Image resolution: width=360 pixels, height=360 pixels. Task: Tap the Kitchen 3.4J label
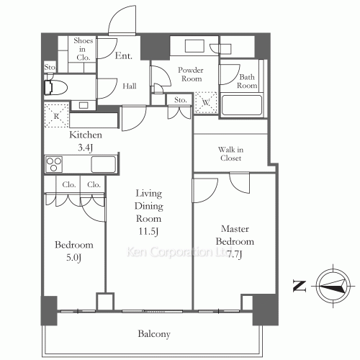85,140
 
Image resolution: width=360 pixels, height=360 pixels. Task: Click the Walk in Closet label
230,154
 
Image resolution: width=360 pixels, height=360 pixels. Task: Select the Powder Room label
191,75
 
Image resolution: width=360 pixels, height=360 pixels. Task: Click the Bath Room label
247,81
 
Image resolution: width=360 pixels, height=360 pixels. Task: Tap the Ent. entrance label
123,55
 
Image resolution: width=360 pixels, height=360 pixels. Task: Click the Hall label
130,86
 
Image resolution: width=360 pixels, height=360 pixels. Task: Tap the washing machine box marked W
207,102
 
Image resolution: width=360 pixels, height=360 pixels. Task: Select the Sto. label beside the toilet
50,68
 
